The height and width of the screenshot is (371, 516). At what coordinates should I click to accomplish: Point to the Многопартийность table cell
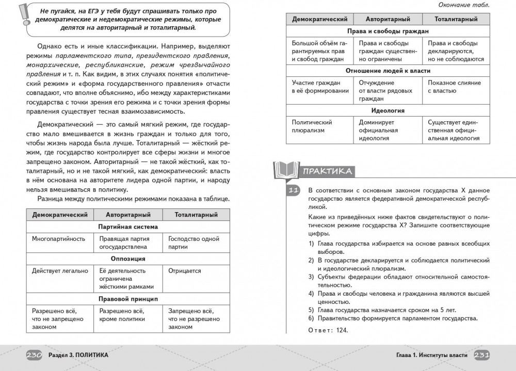click(58, 239)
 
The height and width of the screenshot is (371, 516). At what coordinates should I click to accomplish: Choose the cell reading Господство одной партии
click(193, 243)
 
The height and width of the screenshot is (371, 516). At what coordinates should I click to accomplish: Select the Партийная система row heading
click(127, 227)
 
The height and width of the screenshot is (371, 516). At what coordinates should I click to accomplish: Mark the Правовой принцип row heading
click(127, 299)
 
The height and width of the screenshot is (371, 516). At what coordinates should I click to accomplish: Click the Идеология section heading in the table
click(388, 110)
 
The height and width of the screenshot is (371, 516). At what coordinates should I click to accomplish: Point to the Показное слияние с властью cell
click(454, 87)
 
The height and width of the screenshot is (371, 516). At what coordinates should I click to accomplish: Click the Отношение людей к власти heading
click(388, 71)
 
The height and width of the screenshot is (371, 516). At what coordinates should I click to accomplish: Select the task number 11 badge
click(293, 190)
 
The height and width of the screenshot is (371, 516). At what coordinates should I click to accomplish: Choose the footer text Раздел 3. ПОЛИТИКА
click(78, 356)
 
